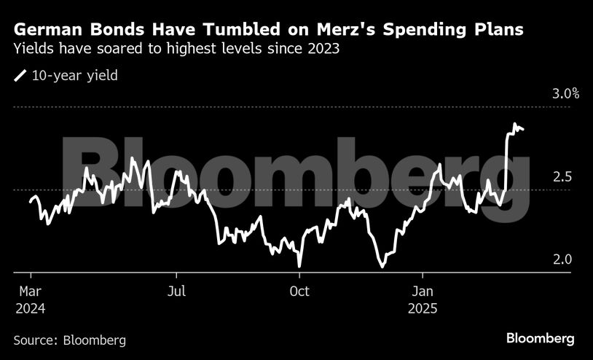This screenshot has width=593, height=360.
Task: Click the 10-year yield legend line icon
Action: pos(20,75)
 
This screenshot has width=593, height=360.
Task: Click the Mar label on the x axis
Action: pos(30,291)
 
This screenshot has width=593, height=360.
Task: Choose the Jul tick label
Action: pos(176,291)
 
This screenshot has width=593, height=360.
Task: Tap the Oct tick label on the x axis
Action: pos(299,291)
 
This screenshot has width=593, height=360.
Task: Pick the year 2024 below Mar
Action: pos(30,308)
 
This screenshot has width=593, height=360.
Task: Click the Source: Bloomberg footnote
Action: pos(70,340)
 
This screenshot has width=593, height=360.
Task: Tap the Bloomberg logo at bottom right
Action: pos(541,339)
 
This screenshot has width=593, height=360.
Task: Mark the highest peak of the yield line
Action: pos(515,125)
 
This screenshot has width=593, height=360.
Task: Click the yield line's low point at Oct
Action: pos(299,266)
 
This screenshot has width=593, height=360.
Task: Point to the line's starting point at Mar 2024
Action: pos(31,200)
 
